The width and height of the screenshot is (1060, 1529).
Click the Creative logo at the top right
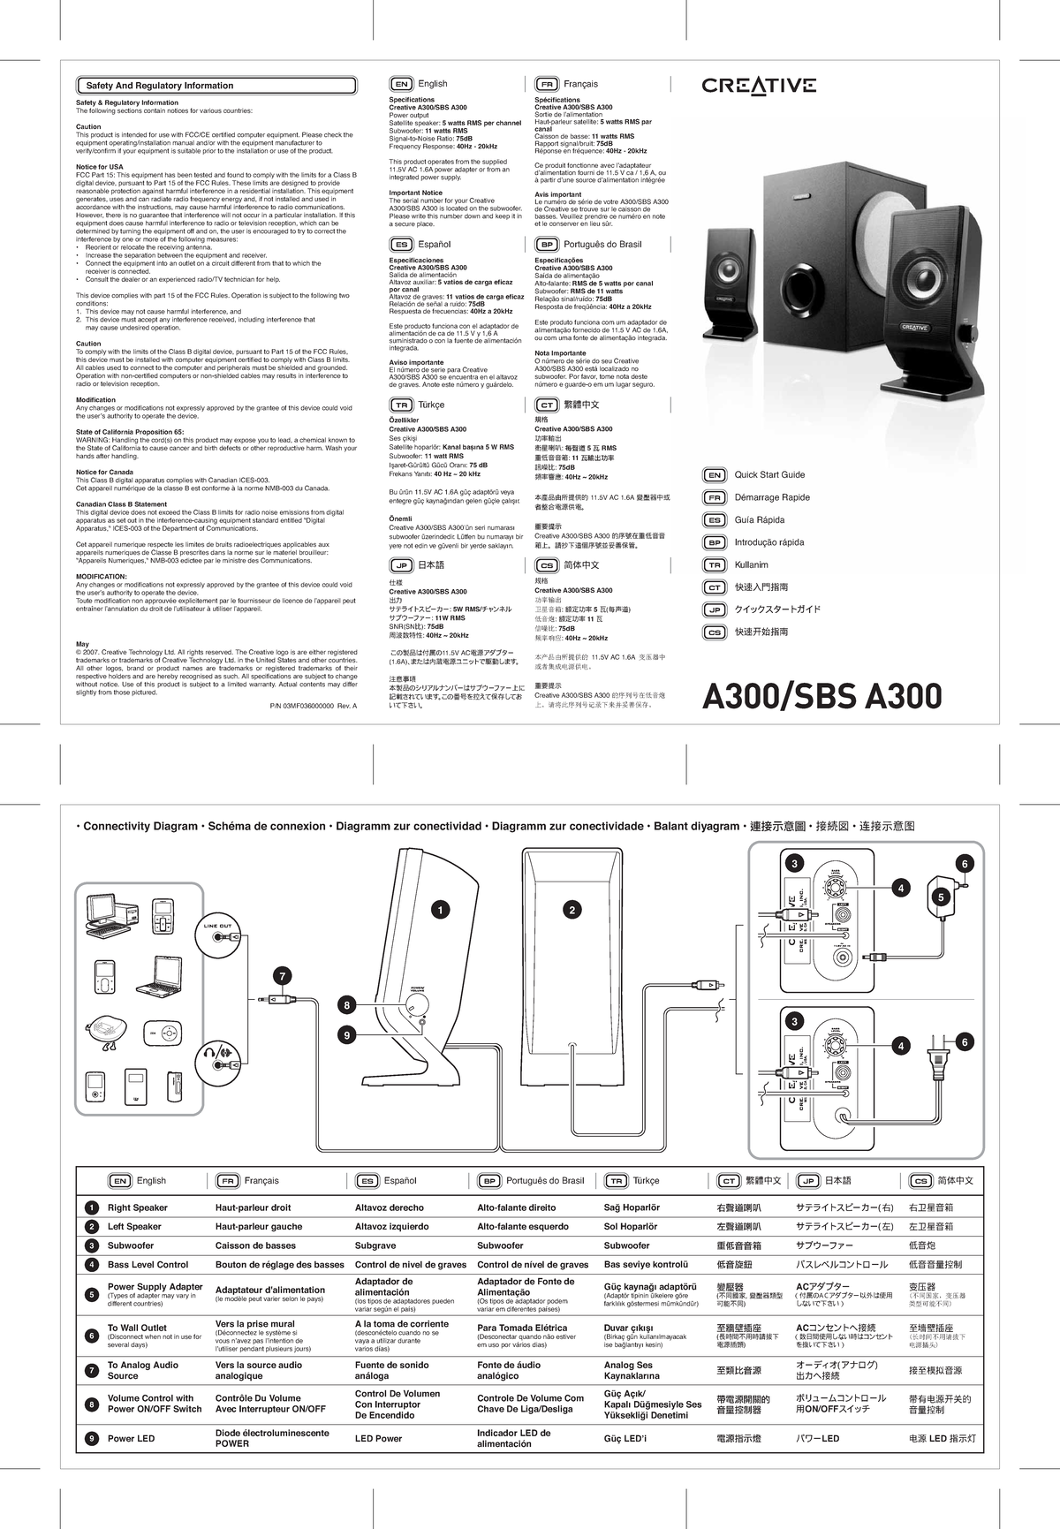coord(759,86)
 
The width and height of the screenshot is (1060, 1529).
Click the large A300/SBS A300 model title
coord(821,696)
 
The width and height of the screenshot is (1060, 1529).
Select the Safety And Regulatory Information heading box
coord(160,86)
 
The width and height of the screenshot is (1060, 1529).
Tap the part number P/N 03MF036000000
coord(308,707)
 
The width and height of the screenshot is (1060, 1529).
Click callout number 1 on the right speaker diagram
coord(436,909)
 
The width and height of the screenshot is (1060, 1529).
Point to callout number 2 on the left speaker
coord(572,910)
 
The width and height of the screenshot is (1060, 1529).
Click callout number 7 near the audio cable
coord(282,976)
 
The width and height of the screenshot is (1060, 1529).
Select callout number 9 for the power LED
coord(348,1034)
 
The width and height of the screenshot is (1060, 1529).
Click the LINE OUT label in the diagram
coord(217,926)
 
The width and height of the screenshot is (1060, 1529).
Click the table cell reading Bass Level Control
coord(148,1265)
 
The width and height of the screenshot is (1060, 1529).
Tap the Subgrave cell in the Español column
coord(375,1245)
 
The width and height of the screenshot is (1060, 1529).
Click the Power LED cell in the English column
coord(131,1438)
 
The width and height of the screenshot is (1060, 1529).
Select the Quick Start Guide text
coord(769,474)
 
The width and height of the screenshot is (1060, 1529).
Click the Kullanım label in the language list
coord(751,564)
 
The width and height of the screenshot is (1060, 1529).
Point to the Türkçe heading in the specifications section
coord(431,405)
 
